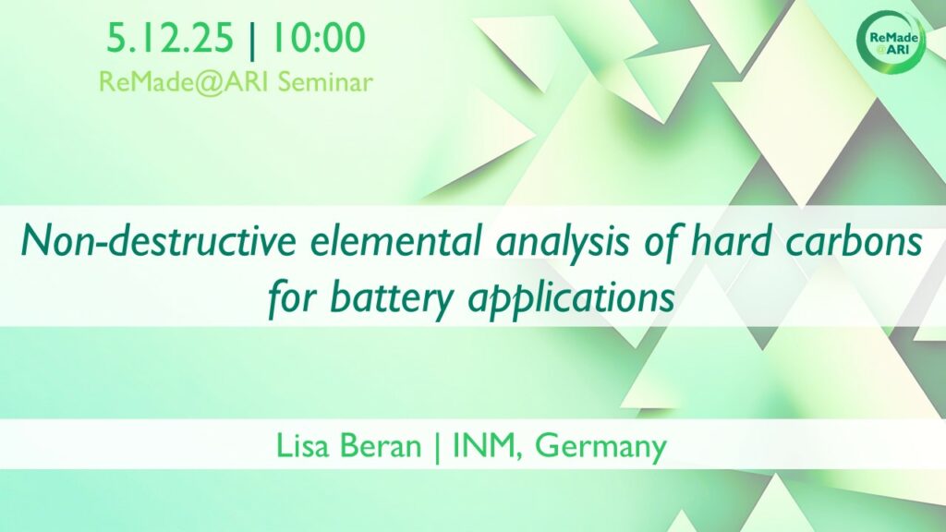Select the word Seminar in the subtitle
[325, 82]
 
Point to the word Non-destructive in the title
[159, 241]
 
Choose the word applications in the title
[571, 299]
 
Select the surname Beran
[381, 446]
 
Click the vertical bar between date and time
[252, 39]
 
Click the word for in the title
[292, 299]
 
